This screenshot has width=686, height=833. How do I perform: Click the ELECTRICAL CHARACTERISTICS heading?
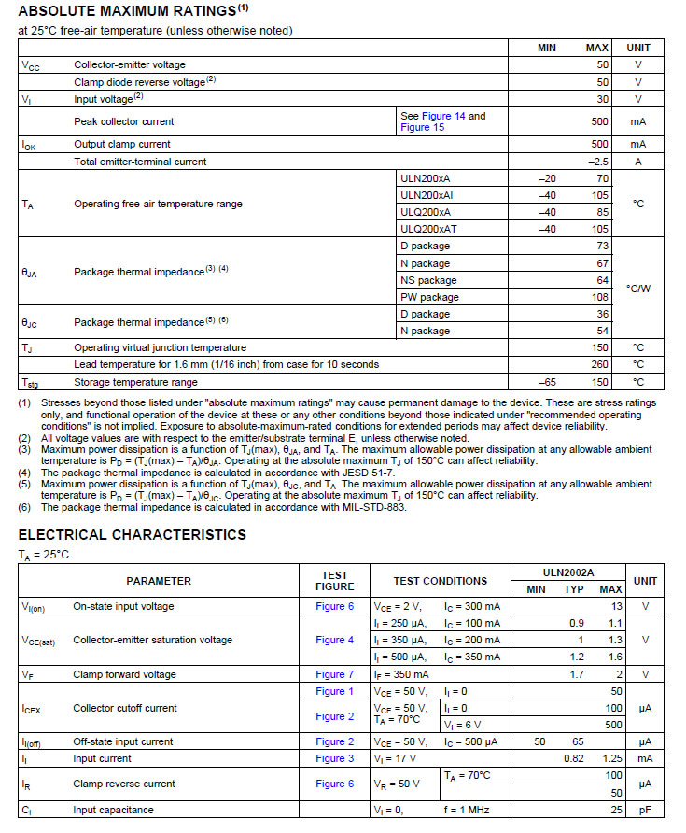(x=132, y=535)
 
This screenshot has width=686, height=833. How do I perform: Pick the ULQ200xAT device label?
(x=428, y=229)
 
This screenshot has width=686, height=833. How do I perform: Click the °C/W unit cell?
(x=638, y=289)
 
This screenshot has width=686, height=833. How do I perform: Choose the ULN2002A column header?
(x=567, y=572)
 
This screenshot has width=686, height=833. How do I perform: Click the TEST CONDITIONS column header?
(x=440, y=581)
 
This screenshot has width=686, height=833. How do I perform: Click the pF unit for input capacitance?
(x=645, y=810)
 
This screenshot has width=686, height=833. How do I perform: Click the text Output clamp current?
(x=122, y=145)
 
